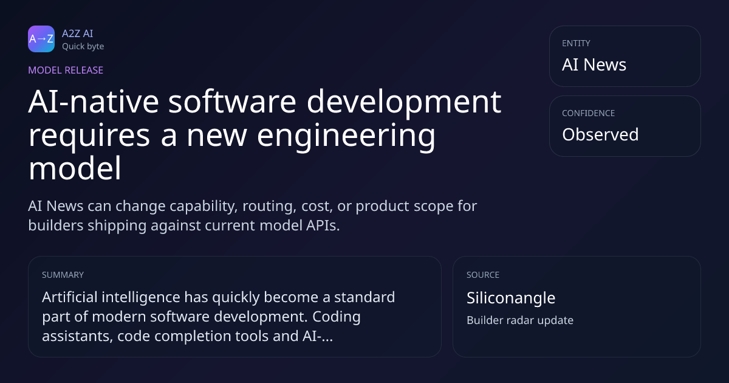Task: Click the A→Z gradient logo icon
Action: (x=41, y=39)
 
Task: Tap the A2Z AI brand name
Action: (x=78, y=33)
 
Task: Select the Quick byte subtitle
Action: (x=83, y=47)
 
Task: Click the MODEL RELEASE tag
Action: (x=66, y=70)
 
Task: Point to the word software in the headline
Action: (x=232, y=102)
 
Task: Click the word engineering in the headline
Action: (x=346, y=137)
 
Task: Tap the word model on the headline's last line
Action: (x=75, y=168)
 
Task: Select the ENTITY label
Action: (x=576, y=43)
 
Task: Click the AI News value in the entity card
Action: (x=594, y=64)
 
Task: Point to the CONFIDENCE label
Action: (x=589, y=113)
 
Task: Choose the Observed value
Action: (x=600, y=134)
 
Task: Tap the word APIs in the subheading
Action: (x=323, y=226)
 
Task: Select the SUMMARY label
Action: (x=63, y=275)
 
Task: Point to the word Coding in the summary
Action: (x=337, y=317)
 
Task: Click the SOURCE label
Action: (x=483, y=275)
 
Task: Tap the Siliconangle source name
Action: (x=511, y=298)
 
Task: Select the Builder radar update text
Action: (x=520, y=320)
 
